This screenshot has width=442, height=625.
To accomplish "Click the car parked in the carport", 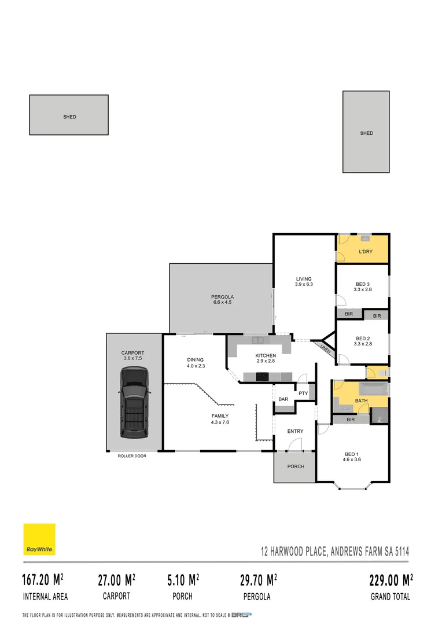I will coord(134,403).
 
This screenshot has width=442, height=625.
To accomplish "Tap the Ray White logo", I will coord(39,539).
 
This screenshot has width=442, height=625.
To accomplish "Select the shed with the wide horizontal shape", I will coord(69,116).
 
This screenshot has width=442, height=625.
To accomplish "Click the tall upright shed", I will coord(366,132).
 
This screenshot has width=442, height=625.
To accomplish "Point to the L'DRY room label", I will coord(365,252).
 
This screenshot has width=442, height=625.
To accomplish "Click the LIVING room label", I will coord(304,278).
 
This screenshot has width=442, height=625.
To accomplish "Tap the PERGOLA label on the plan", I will coord(222,297).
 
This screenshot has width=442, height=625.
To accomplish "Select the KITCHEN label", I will coord(266,355).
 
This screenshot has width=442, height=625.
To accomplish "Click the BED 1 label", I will coord(353,454).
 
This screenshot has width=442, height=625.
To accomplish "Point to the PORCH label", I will coord(295,466).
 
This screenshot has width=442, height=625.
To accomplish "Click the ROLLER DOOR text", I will coord(132,456).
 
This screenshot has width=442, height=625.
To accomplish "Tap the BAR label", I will coord(283,399).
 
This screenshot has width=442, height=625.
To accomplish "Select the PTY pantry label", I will coord(303,394).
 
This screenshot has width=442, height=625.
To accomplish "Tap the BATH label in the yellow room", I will coord(361,400).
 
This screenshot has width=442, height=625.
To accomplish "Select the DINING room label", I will coord(196,359).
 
